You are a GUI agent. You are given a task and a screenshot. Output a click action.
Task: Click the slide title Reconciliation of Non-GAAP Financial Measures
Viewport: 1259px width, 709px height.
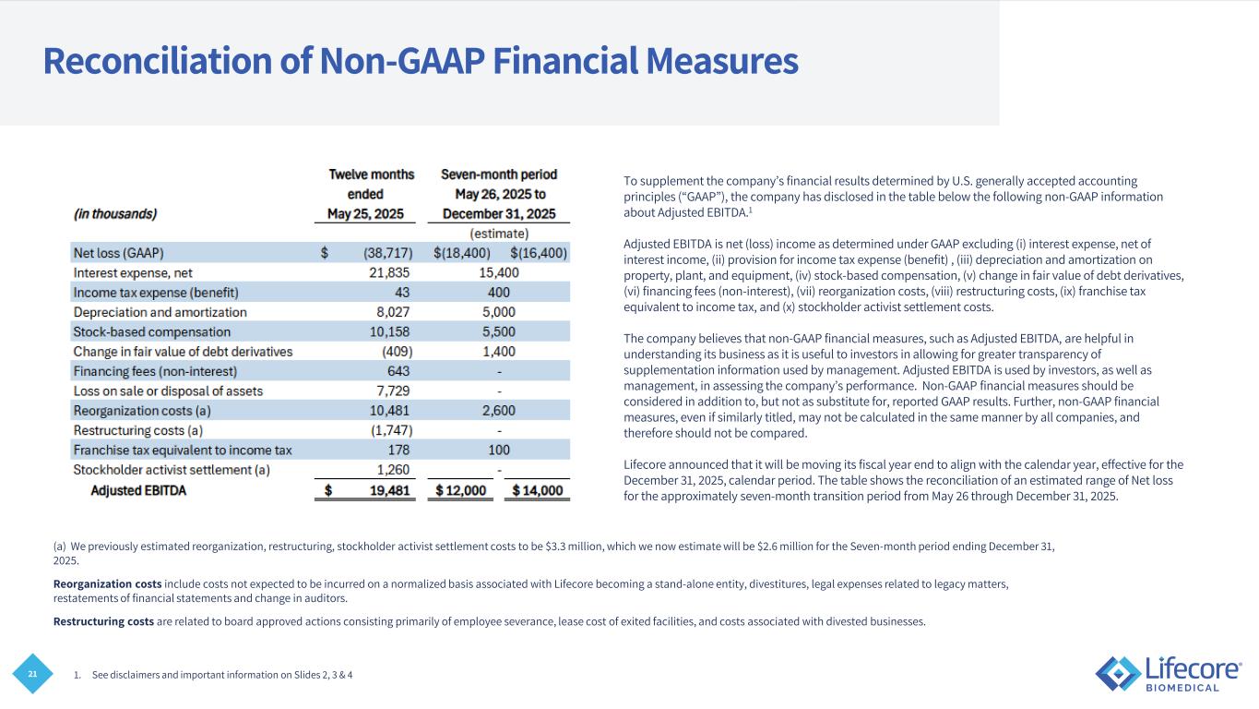click(420, 62)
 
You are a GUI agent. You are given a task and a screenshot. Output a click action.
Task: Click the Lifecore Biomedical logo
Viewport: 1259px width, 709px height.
click(1168, 673)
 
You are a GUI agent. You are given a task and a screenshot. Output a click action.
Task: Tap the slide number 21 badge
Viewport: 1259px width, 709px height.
click(32, 676)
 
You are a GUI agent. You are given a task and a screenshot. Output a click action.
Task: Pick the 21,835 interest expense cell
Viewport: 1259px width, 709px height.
click(385, 272)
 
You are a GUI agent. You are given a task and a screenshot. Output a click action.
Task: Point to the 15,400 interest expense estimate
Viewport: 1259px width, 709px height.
click(499, 272)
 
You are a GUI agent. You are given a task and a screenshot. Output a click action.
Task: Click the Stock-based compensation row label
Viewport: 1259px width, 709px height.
click(152, 331)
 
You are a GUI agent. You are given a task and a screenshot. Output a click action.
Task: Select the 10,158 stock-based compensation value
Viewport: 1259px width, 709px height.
click(385, 331)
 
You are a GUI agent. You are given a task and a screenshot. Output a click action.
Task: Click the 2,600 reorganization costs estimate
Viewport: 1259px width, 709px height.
click(499, 411)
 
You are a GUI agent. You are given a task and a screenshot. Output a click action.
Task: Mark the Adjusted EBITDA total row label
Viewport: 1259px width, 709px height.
click(138, 490)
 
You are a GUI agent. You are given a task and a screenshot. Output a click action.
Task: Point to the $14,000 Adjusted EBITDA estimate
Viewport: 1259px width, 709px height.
click(537, 491)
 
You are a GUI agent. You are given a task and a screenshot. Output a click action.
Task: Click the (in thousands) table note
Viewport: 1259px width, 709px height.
click(115, 214)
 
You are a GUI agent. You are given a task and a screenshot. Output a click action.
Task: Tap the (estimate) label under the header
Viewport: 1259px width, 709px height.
click(499, 234)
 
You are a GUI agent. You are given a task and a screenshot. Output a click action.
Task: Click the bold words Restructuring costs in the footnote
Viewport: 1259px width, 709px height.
click(103, 621)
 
